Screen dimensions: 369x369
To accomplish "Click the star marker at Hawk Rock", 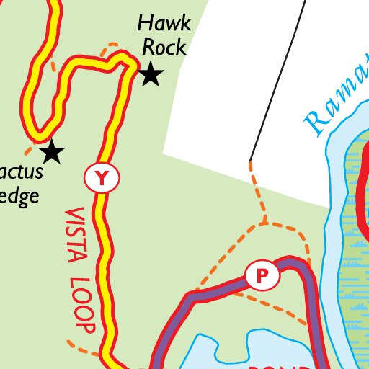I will (150, 74).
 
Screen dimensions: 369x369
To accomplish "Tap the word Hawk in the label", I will (165, 24).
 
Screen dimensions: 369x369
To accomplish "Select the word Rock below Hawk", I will (164, 48).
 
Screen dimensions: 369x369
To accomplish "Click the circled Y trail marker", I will (102, 177).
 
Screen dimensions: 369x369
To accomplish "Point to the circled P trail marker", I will (262, 275).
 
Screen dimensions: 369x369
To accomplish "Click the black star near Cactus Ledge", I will (52, 152).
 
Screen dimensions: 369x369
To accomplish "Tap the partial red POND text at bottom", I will (285, 365).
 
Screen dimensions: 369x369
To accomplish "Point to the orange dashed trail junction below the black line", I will (264, 221).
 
